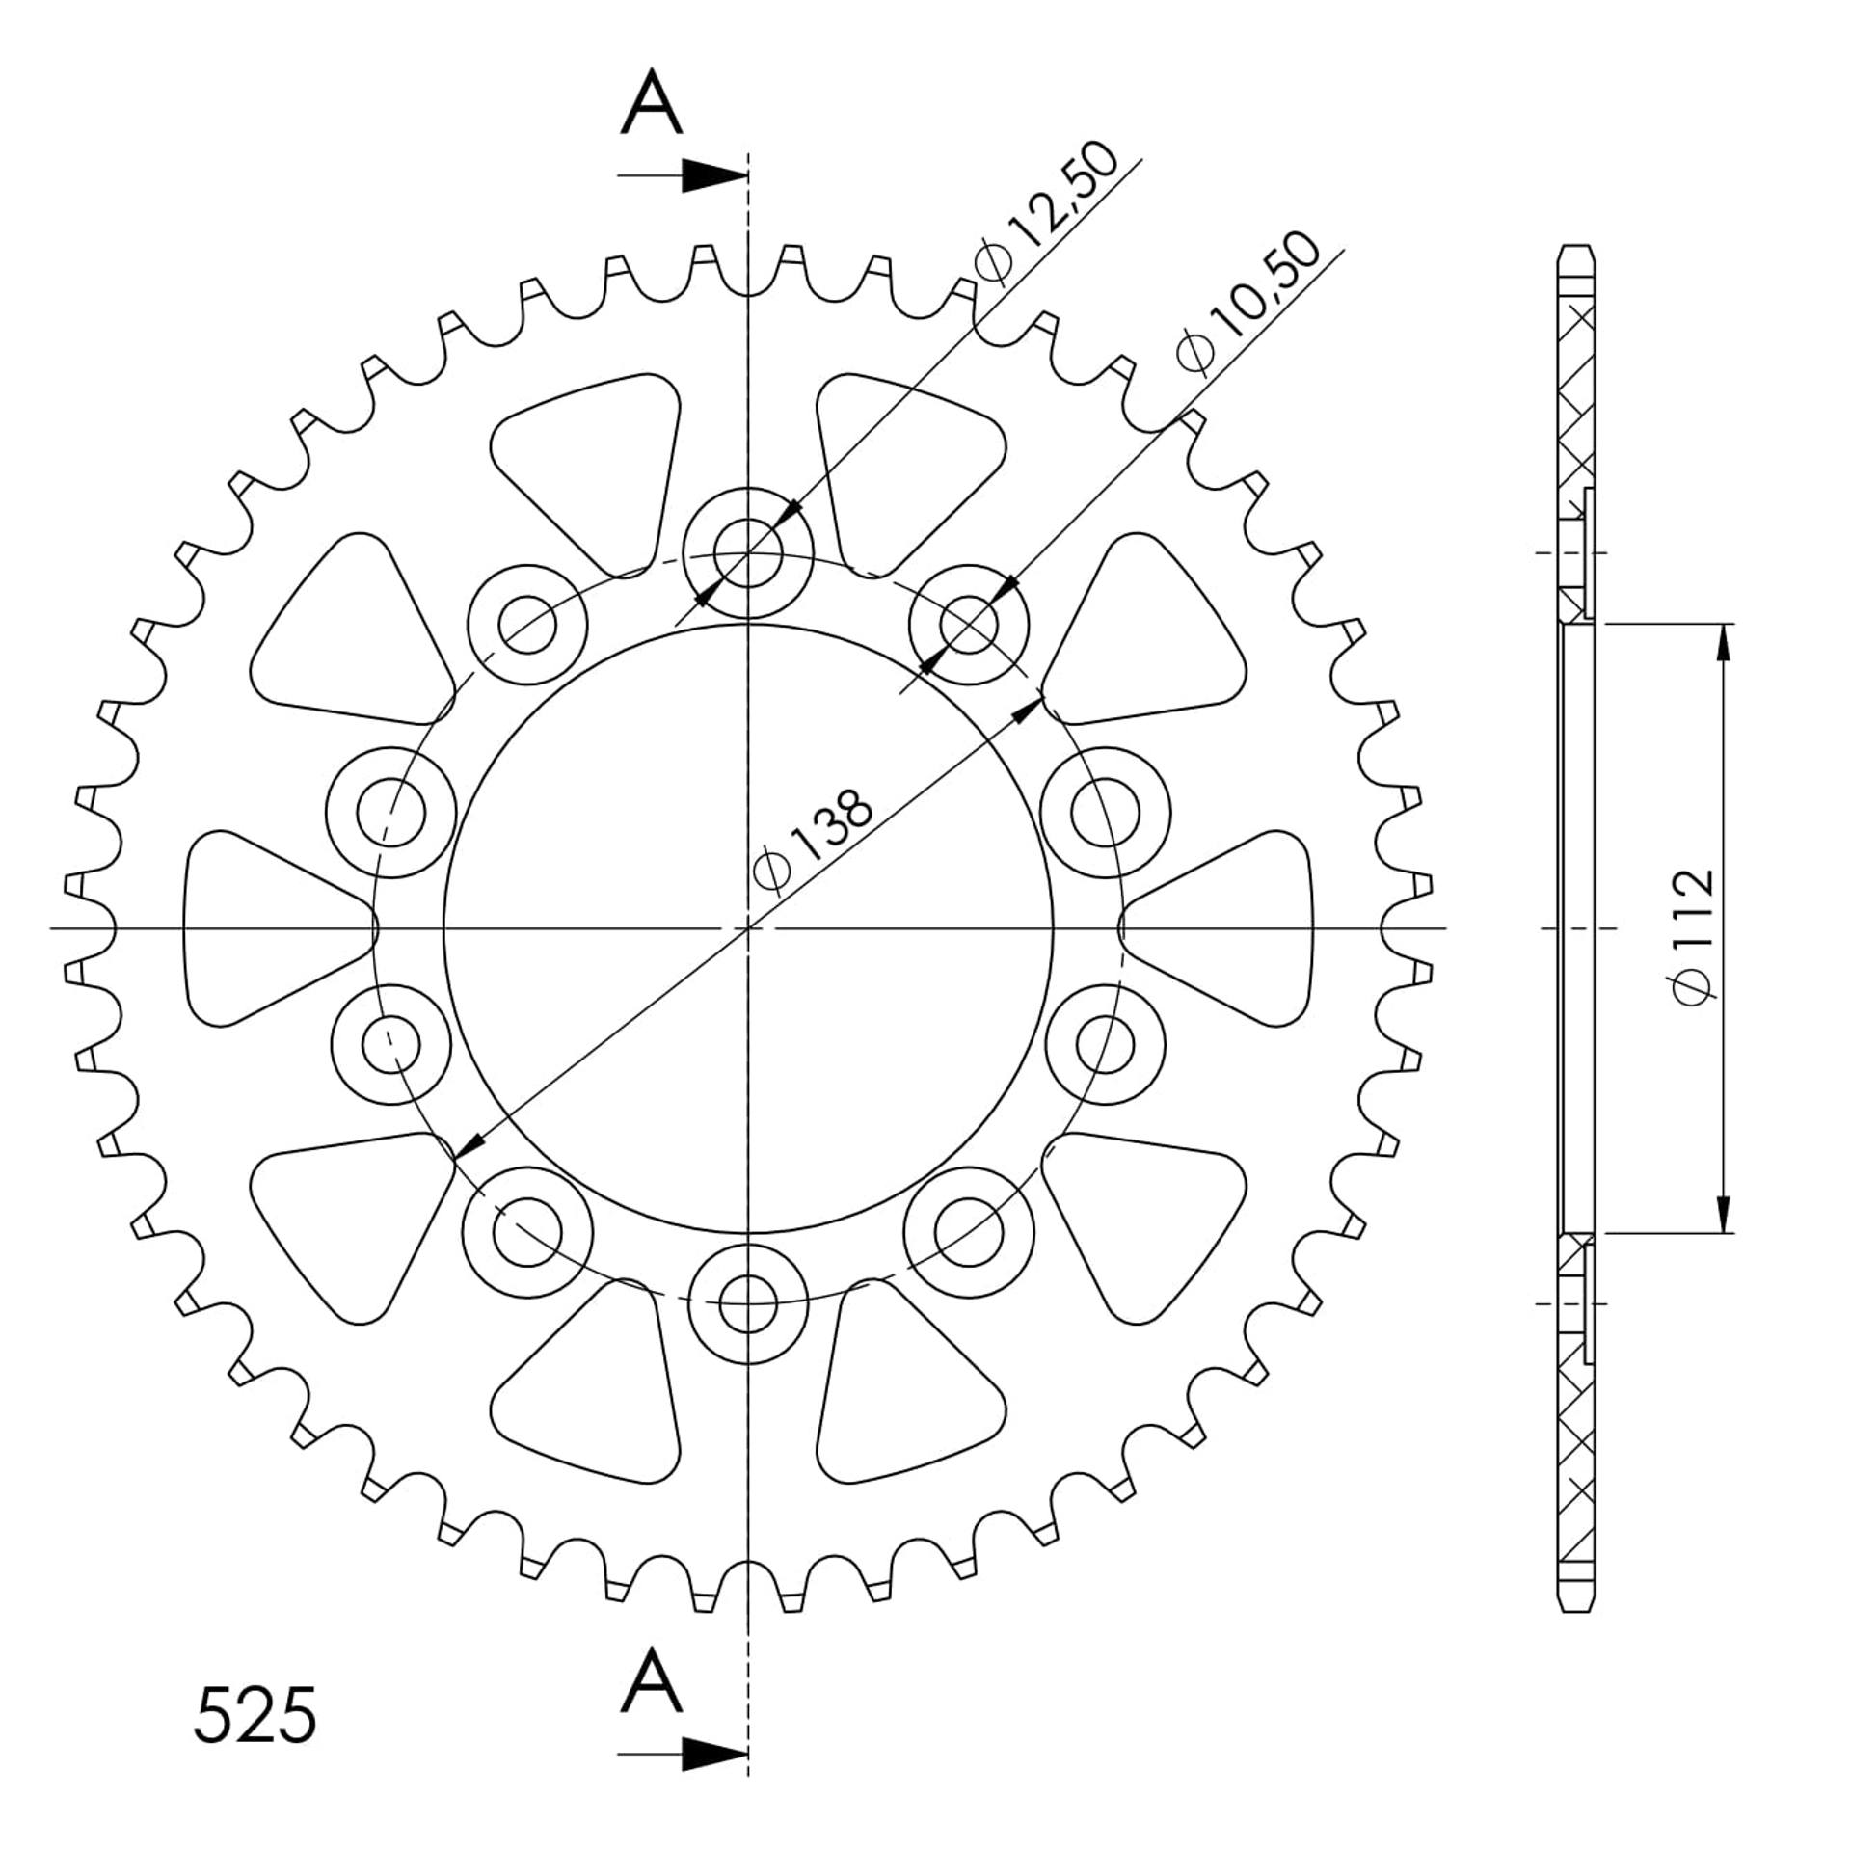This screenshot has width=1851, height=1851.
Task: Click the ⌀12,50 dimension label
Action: click(1047, 213)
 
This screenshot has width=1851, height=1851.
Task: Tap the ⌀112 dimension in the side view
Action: click(1694, 938)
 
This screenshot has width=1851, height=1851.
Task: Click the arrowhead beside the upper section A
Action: click(714, 175)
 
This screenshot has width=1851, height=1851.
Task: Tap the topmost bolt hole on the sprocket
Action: click(748, 552)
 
